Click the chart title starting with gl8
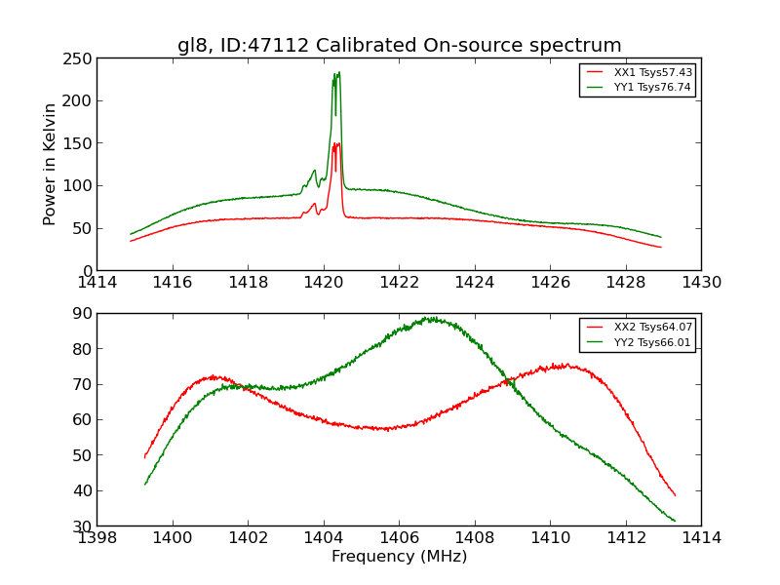pyautogui.click(x=399, y=45)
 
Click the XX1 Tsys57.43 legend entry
pyautogui.click(x=652, y=72)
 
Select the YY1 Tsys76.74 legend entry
pyautogui.click(x=652, y=87)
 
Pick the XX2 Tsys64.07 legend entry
pyautogui.click(x=652, y=328)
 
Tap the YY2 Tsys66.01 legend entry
pyautogui.click(x=652, y=342)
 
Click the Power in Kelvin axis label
pyautogui.click(x=51, y=164)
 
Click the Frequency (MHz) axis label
pyautogui.click(x=399, y=557)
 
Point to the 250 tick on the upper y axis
pyautogui.click(x=78, y=58)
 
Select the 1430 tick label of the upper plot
pyautogui.click(x=701, y=283)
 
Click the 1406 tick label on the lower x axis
pyautogui.click(x=399, y=537)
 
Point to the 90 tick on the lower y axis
pyautogui.click(x=82, y=314)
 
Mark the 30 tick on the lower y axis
pyautogui.click(x=82, y=526)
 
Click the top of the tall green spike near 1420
pyautogui.click(x=337, y=72)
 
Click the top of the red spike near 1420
pyautogui.click(x=337, y=143)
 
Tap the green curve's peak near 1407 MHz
pyautogui.click(x=429, y=318)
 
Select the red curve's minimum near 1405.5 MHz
pyautogui.click(x=385, y=429)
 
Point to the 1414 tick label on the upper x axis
pyautogui.click(x=97, y=283)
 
